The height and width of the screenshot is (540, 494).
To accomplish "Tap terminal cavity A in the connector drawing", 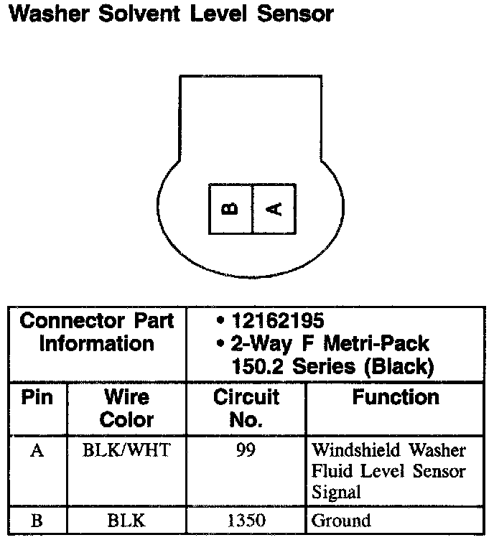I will pyautogui.click(x=274, y=208).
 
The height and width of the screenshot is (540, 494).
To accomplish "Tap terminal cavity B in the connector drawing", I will pyautogui.click(x=230, y=208).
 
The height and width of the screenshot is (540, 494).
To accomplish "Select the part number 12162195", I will pyautogui.click(x=274, y=320).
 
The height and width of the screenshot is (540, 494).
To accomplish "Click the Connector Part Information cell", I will pyautogui.click(x=97, y=332).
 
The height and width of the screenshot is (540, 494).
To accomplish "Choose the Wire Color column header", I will pyautogui.click(x=126, y=408).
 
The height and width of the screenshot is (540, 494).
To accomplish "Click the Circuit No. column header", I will pyautogui.click(x=246, y=408).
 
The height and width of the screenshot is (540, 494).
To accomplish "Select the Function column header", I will pyautogui.click(x=396, y=397).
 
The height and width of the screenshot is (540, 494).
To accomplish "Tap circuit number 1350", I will pyautogui.click(x=246, y=521).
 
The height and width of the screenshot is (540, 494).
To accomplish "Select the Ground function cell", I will pyautogui.click(x=341, y=521).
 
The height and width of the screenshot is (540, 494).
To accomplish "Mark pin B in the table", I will pyautogui.click(x=37, y=521).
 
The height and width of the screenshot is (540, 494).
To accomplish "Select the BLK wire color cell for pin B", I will pyautogui.click(x=126, y=521).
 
